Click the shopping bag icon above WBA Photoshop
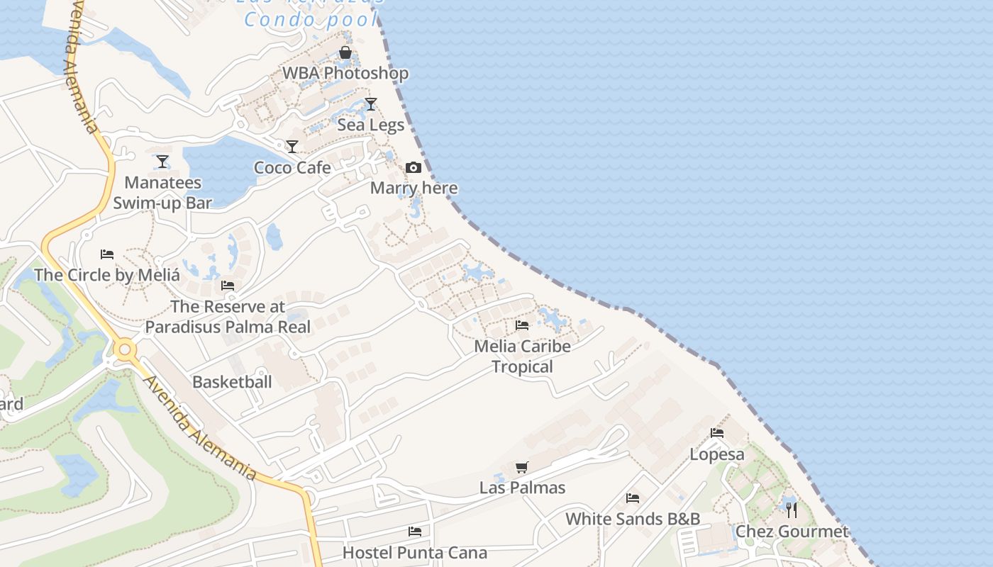coord(345,53)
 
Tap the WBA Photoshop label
coord(345,74)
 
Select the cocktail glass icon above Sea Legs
coord(370,104)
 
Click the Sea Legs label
coord(370,125)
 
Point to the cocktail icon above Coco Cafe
coord(292,147)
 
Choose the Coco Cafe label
coord(292,168)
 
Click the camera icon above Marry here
coord(414,168)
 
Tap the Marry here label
coord(414,189)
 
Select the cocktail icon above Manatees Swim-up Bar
coord(162,162)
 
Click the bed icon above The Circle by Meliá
coord(107,254)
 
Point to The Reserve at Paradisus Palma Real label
coord(228,317)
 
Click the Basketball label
coord(232,382)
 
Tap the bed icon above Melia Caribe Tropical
coord(522,325)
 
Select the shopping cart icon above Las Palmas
coord(522,467)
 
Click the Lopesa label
coord(717,454)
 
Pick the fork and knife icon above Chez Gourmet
coord(792,510)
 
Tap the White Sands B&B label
coord(633,519)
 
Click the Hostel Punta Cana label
coord(415,552)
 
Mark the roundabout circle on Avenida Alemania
coord(126,349)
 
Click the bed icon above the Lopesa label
coord(717,433)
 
